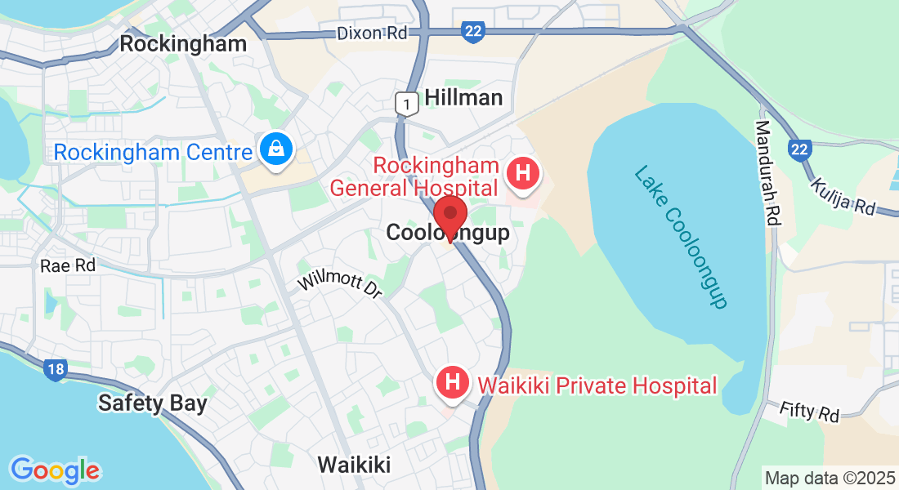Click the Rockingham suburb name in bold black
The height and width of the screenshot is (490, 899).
point(183,44)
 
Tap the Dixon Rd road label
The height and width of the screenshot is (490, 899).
point(372,33)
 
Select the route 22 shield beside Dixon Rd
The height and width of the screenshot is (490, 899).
point(472,32)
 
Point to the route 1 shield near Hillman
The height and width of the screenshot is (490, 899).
point(405,104)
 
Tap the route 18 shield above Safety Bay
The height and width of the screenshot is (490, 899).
point(55,370)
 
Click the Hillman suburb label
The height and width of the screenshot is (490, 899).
point(463,98)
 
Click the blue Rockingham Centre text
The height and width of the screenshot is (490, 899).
point(153,152)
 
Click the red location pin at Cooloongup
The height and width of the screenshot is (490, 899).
point(449,217)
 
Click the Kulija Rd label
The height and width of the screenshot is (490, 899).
point(843,197)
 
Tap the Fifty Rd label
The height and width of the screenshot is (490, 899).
point(809,412)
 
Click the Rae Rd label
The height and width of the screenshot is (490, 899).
point(68,265)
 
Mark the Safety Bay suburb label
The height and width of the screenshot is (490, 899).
point(152,403)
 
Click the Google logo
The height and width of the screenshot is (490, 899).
point(55,470)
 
